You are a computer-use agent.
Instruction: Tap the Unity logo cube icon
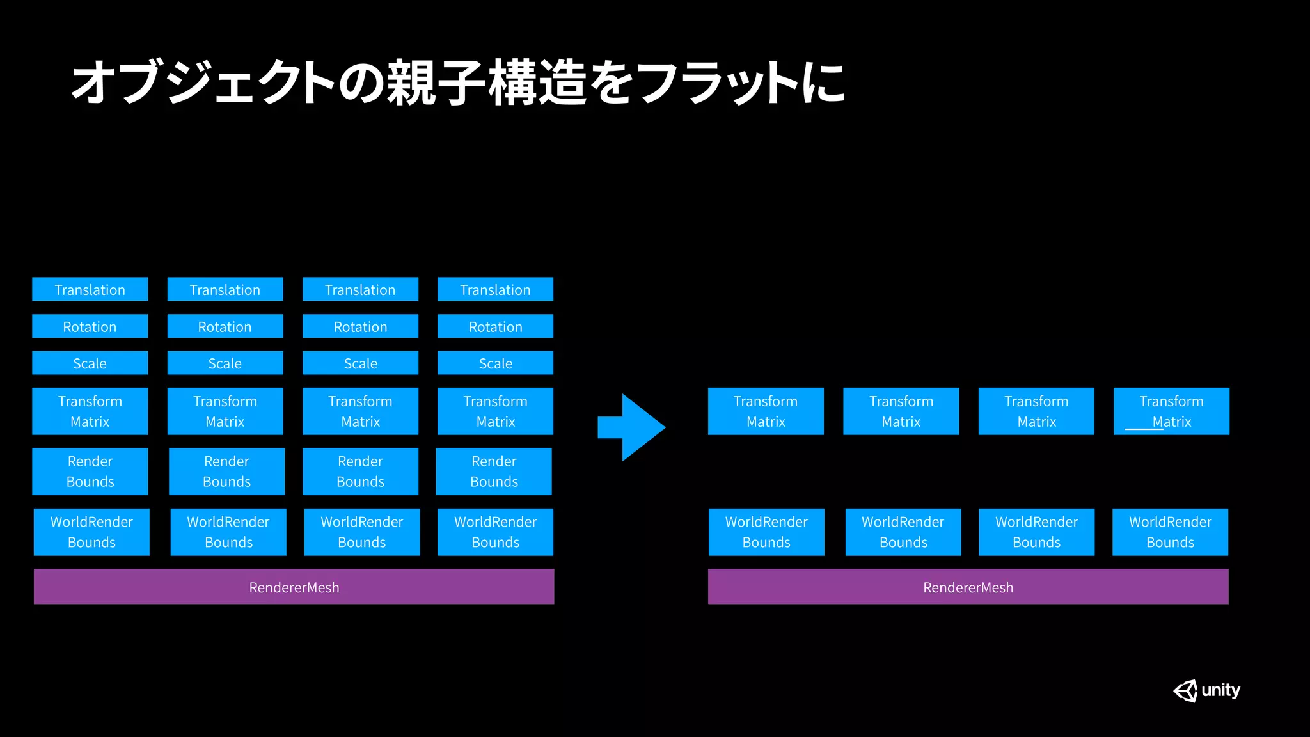coord(1185,691)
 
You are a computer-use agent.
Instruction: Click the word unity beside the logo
coord(1220,690)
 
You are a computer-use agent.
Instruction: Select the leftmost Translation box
coord(90,289)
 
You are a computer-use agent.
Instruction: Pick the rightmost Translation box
coord(495,289)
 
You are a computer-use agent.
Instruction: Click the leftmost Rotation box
coord(90,326)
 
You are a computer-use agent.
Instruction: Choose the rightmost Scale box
coord(495,363)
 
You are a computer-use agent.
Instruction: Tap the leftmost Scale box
coord(90,363)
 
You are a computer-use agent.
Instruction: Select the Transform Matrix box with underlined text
coord(1171,411)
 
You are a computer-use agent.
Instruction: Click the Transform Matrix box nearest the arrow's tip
coord(766,411)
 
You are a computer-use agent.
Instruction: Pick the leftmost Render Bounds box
coord(90,472)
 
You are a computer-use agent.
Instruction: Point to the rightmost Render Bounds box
coord(494,472)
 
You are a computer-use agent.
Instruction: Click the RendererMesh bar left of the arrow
coord(294,587)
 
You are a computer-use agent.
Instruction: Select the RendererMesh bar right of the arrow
coord(968,587)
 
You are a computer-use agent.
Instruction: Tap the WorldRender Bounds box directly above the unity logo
coord(1170,532)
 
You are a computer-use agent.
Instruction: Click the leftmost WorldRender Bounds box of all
coord(91,532)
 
